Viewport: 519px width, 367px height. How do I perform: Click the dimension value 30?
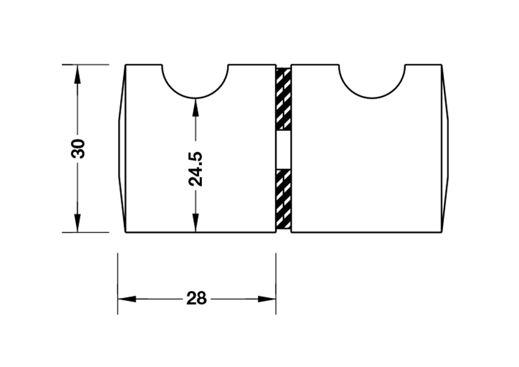coord(78,148)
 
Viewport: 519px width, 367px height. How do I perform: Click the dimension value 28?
coord(196,298)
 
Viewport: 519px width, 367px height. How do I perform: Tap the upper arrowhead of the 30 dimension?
coord(77,73)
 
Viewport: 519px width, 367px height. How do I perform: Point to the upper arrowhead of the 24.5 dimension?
coord(195,107)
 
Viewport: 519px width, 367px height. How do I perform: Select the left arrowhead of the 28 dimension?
coord(127,299)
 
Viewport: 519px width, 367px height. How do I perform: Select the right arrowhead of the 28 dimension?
coord(267,299)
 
